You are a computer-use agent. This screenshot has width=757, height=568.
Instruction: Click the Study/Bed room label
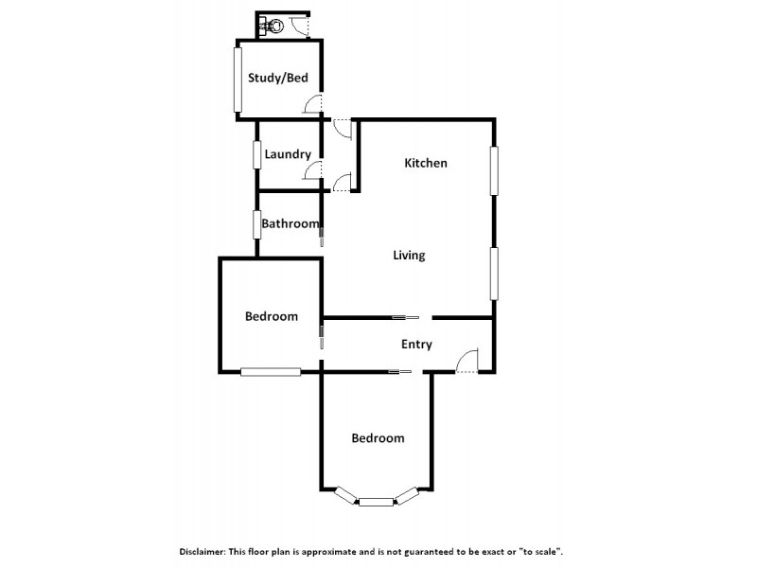coord(278,79)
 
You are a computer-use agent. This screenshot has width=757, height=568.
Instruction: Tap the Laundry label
coord(288,154)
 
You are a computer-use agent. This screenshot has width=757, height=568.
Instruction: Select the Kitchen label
coord(426,164)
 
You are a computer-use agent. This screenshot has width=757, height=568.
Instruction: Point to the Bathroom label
coord(290,224)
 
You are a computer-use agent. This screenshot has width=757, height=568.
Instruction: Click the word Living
coord(410,256)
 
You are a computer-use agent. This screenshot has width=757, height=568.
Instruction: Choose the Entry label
coord(416,345)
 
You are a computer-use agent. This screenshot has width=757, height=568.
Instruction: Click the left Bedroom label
coord(272,317)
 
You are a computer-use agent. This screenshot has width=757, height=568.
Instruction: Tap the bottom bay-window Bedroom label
coord(378,438)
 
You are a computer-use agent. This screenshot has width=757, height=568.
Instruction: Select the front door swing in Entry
coord(469,360)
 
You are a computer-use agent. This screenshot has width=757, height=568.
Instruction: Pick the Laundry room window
coord(256,154)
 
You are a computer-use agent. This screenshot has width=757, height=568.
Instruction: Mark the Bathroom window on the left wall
coord(256,224)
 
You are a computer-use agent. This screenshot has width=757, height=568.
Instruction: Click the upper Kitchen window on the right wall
coord(493,170)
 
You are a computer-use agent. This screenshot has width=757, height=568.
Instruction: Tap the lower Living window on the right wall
coord(493,273)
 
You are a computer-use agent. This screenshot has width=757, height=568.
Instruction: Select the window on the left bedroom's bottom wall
coord(270,372)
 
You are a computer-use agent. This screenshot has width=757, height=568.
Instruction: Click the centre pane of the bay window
coord(376,502)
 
